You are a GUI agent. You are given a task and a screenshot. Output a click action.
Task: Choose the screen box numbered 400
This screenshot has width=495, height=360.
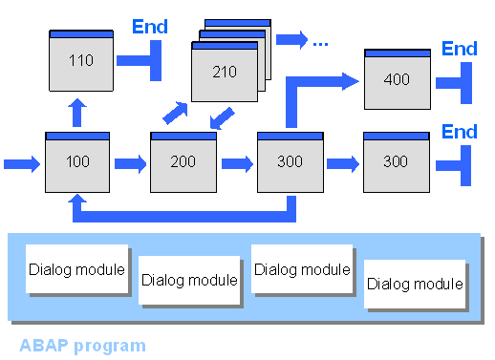coord(397,79)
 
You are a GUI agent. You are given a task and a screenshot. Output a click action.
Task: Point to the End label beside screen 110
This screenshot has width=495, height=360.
coord(149,26)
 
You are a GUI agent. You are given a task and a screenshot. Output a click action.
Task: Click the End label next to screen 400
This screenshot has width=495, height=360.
coord(460,49)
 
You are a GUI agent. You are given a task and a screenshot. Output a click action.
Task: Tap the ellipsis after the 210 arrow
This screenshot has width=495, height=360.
coord(320,41)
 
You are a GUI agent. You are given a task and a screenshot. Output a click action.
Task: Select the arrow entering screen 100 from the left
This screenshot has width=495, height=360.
coord(22,164)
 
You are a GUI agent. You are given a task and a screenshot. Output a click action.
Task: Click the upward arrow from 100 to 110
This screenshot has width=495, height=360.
coord(78,112)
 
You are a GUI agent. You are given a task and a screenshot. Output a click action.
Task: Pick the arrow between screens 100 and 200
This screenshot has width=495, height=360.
coord(131,164)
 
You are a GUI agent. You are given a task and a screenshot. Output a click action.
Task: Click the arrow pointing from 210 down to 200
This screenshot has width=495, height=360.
coord(221,119)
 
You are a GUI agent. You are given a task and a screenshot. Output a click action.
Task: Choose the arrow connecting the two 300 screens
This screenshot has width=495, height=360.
coord(342,164)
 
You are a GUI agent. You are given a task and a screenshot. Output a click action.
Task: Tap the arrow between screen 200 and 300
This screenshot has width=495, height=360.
coord(237,164)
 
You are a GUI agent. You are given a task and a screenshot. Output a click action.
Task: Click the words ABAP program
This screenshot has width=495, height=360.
coord(82,345)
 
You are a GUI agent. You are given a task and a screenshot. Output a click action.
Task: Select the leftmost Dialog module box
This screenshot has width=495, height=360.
coord(77,269)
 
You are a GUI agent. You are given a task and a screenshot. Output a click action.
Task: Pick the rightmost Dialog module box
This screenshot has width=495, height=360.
coord(416,284)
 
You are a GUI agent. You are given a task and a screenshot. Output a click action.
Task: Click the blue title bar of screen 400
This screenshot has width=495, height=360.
coord(397,54)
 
